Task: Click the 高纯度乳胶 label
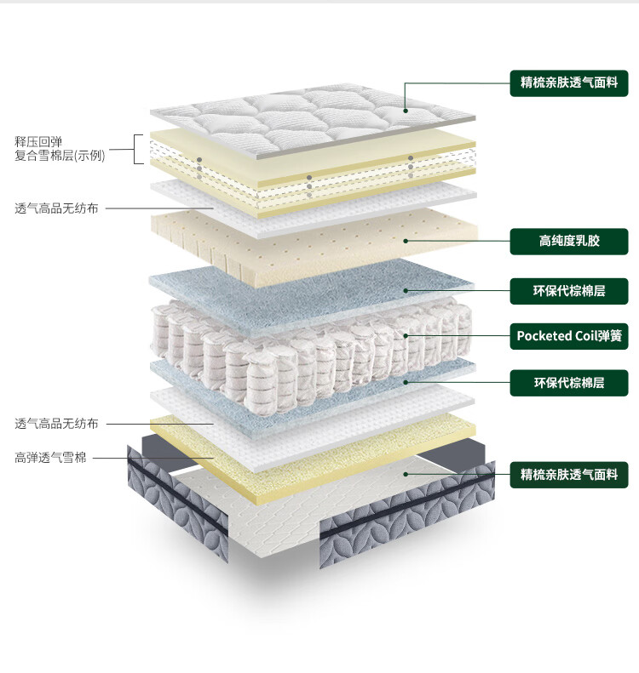pos(569,241)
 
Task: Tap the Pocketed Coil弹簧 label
pos(569,335)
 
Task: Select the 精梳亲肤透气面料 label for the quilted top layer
pos(569,83)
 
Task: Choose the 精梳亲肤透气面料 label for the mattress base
pos(569,474)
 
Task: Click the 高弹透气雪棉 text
pos(50,458)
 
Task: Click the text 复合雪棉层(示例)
pos(60,156)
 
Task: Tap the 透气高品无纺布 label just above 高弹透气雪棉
pos(56,423)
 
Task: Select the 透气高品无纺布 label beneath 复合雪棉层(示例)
pos(56,208)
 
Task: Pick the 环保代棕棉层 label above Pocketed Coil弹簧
pos(569,290)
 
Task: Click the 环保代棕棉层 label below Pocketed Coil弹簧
pos(569,382)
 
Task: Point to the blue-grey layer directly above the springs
pos(315,289)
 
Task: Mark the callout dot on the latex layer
pos(406,241)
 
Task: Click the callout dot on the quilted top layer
pos(406,111)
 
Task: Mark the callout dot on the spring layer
pos(406,335)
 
